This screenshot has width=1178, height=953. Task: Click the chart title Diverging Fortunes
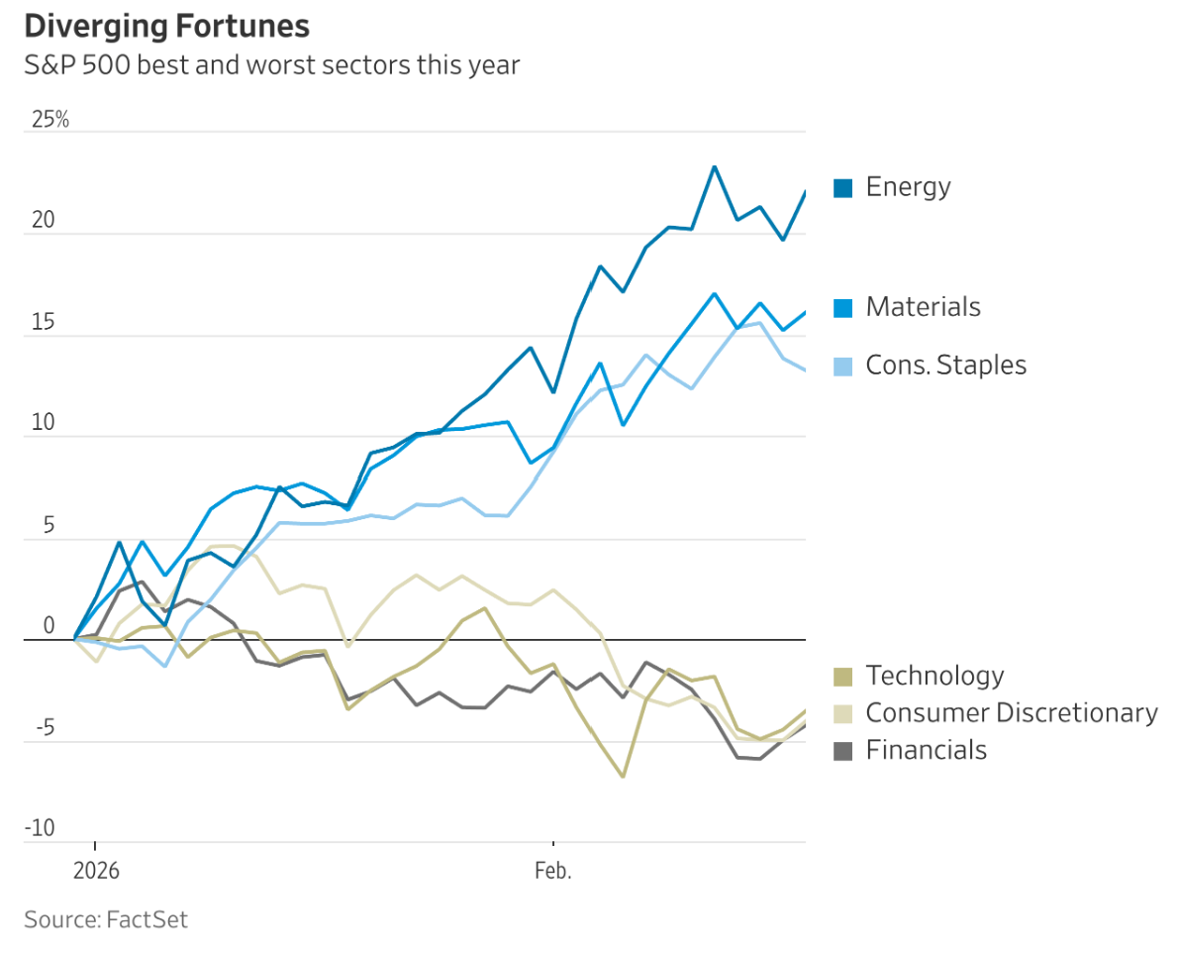166,26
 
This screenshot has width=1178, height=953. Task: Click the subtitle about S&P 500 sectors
271,66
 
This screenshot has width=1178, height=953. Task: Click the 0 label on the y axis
49,626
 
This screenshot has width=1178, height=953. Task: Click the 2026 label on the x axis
95,872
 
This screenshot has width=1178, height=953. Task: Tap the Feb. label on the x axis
553,872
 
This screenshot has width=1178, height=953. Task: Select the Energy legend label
908,186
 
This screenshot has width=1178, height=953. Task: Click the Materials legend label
923,307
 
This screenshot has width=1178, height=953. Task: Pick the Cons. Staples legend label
945,365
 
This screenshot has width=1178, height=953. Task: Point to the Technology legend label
934,676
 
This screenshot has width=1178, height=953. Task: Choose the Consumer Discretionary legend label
1011,712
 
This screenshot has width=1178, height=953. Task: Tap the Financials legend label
926,750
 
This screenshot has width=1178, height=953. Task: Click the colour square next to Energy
843,187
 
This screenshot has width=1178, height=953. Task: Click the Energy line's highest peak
714,166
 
